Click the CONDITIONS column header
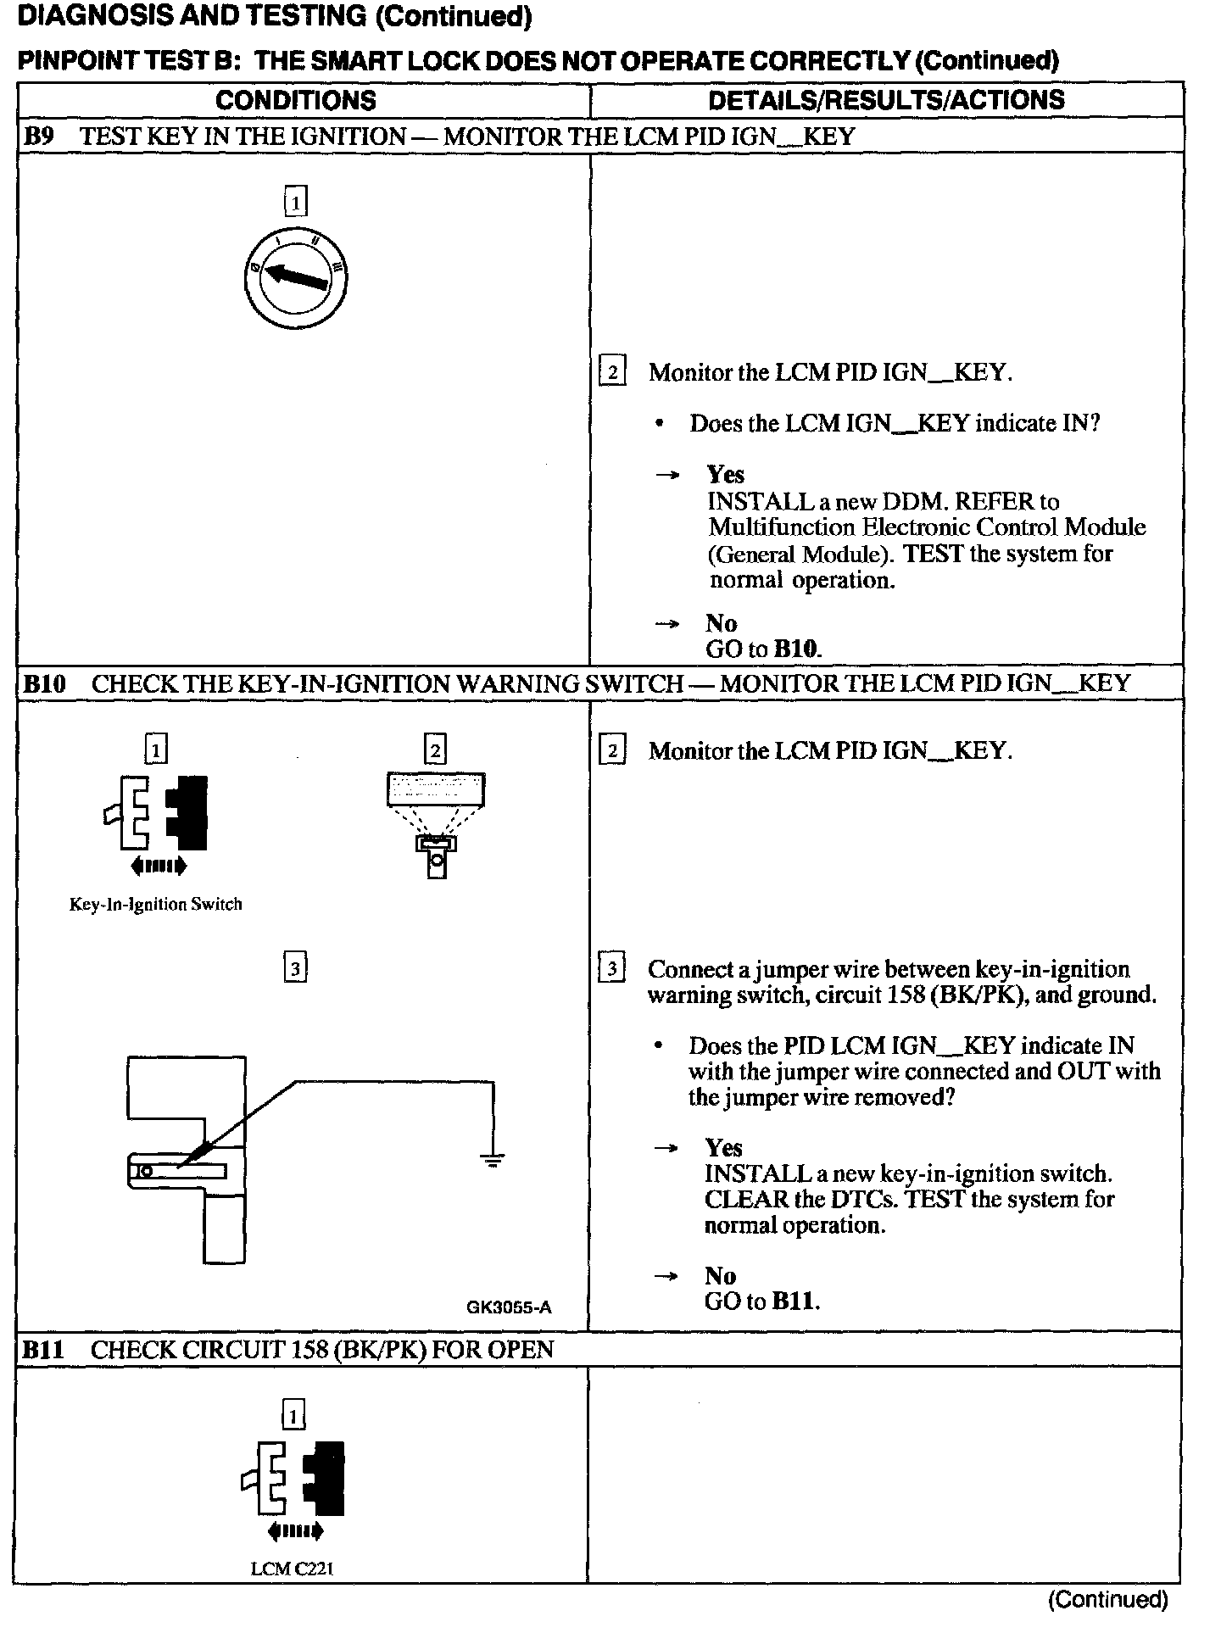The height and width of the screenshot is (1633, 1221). [x=295, y=100]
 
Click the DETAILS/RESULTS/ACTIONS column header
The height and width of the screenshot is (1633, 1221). [x=886, y=100]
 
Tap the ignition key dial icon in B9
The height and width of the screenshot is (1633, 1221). [x=294, y=277]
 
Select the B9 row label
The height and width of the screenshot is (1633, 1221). [x=38, y=137]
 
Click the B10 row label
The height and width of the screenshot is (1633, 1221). [x=44, y=683]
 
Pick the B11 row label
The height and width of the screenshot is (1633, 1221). [x=43, y=1349]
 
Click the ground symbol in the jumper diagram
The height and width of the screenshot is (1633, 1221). [x=493, y=1159]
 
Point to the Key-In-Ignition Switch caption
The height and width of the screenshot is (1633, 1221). [x=155, y=905]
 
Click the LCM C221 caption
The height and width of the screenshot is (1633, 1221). [x=293, y=1569]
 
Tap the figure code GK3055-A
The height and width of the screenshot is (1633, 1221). [x=509, y=1307]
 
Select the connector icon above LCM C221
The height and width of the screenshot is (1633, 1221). [x=294, y=1479]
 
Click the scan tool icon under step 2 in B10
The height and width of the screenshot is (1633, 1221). [x=435, y=822]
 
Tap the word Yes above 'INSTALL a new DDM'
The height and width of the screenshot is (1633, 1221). [x=726, y=475]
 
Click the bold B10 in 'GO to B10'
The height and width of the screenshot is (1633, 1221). [x=797, y=649]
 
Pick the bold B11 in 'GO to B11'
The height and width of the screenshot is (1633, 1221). [x=795, y=1301]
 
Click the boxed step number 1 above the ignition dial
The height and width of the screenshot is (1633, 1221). [x=295, y=202]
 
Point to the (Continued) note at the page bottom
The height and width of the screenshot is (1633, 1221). [x=1108, y=1599]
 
